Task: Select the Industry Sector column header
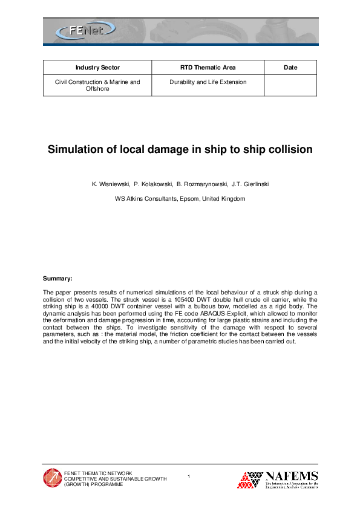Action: coord(97,67)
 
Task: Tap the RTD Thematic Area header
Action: coord(208,67)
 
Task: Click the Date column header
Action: coord(290,67)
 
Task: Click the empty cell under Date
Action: coord(290,85)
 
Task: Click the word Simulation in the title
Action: coord(79,149)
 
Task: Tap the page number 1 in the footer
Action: coord(189,478)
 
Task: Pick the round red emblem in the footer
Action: coord(52,478)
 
